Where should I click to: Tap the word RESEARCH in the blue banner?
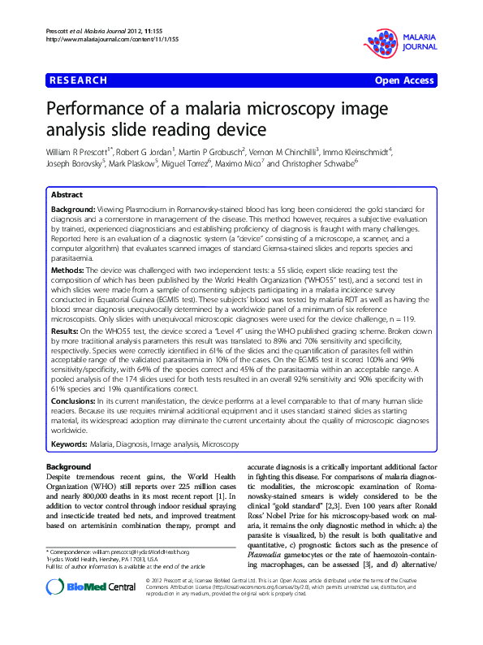(x=79, y=80)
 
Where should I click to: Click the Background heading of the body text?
(x=68, y=467)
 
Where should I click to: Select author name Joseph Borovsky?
(x=76, y=164)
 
